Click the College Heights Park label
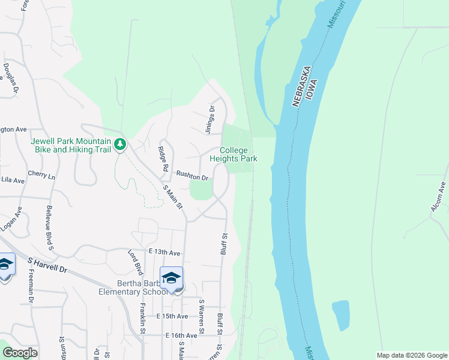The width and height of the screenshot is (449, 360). [x=234, y=154]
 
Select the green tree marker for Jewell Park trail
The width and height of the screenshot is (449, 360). [x=120, y=144]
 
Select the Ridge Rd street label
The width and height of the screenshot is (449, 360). [x=161, y=159]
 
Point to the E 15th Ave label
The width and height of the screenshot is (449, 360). [x=172, y=316]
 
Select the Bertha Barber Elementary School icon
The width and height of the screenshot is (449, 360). [x=172, y=278]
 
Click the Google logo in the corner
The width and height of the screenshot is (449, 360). [x=20, y=353]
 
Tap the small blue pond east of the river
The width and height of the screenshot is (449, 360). [x=340, y=315]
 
